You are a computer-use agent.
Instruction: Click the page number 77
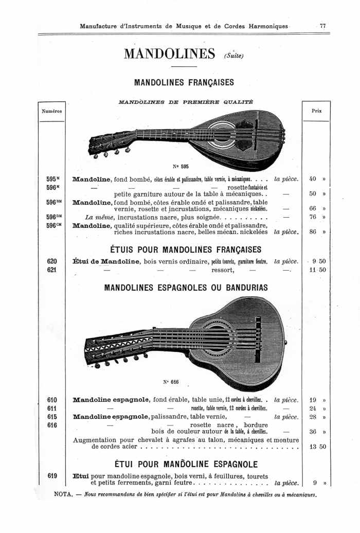click(x=322, y=26)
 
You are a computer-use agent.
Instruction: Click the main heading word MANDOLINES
click(x=169, y=54)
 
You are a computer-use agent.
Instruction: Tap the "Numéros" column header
click(x=51, y=111)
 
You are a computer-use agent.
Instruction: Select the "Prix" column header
click(x=316, y=111)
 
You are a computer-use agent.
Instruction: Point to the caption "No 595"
click(x=181, y=166)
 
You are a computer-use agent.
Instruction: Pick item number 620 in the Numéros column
click(x=51, y=261)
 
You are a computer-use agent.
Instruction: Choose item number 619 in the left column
click(x=52, y=475)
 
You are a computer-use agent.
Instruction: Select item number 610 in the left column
click(x=52, y=400)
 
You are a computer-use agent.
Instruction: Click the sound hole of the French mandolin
click(x=238, y=133)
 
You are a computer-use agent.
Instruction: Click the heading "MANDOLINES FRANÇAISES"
click(x=184, y=82)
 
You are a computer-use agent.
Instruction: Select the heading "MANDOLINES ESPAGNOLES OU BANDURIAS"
click(x=186, y=288)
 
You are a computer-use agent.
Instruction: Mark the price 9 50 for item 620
click(x=318, y=261)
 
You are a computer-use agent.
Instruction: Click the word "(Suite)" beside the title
click(x=233, y=56)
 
